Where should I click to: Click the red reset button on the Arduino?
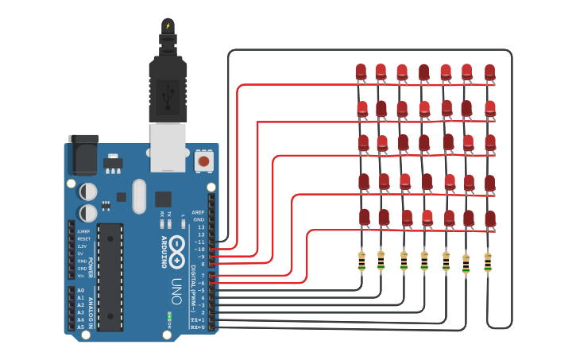(203, 161)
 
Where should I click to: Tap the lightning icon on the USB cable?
(168, 26)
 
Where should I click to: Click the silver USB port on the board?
(168, 146)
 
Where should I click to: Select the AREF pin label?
(198, 212)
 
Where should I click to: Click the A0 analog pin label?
(80, 291)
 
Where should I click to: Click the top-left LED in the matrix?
(361, 72)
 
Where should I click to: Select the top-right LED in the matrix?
(489, 72)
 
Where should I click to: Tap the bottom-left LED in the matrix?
(364, 217)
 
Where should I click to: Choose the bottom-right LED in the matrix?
(490, 219)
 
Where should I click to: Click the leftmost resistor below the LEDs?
(361, 260)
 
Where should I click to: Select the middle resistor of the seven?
(424, 261)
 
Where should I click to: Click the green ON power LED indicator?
(169, 317)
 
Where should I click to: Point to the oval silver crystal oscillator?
(140, 196)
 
